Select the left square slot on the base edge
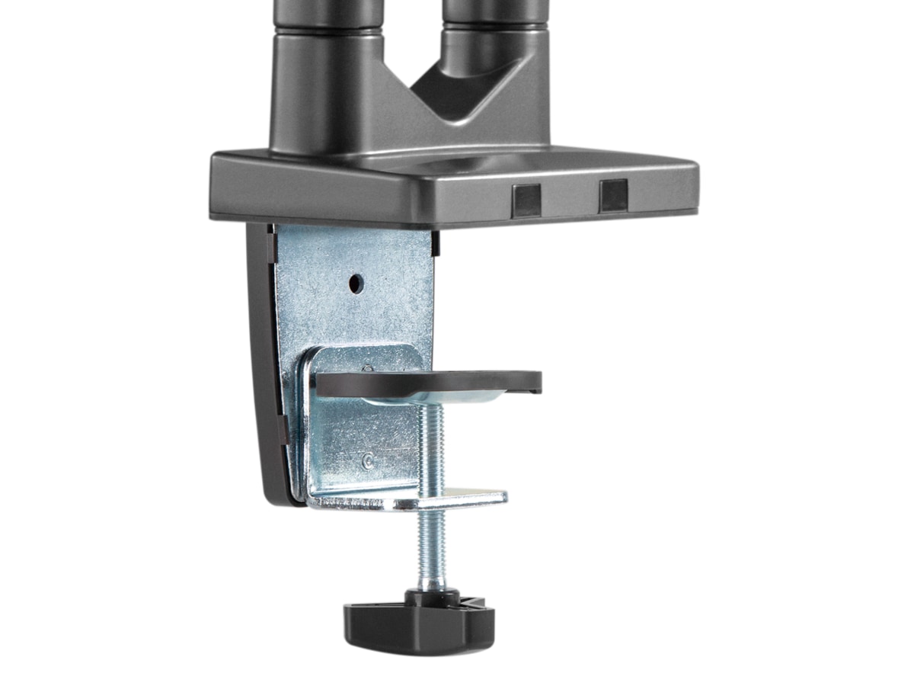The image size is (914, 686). coord(526,197)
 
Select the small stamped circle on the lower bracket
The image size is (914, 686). coord(369,460)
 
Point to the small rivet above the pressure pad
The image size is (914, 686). coord(369,367)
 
